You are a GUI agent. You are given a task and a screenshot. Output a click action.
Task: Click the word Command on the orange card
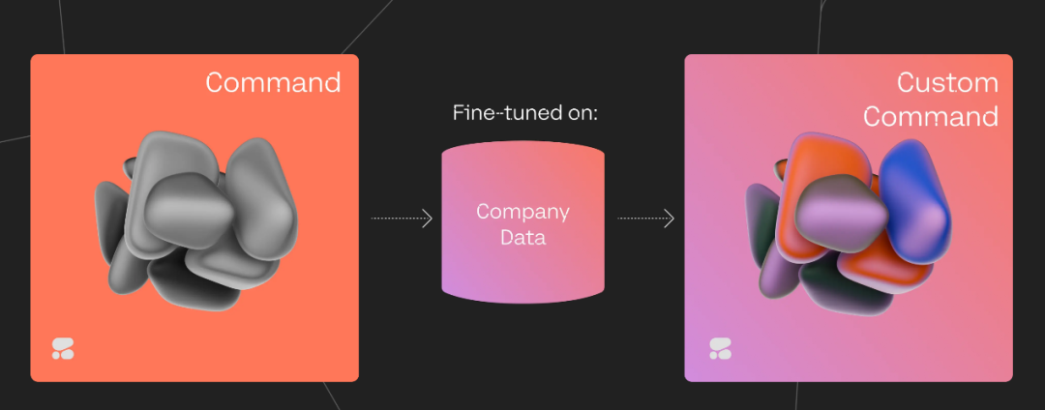pyautogui.click(x=273, y=82)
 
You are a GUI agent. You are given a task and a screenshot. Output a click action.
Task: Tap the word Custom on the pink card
pyautogui.click(x=947, y=83)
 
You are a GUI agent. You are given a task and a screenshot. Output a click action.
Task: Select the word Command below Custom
pyautogui.click(x=931, y=117)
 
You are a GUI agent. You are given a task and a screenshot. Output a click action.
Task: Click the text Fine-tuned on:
pyautogui.click(x=525, y=113)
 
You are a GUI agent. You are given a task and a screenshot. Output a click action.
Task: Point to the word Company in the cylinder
pyautogui.click(x=522, y=212)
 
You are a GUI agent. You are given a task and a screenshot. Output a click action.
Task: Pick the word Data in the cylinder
pyautogui.click(x=522, y=237)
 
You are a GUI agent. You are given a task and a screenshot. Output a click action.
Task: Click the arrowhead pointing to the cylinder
pyautogui.click(x=428, y=219)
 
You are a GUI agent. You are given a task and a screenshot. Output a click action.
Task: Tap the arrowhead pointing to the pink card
pyautogui.click(x=670, y=219)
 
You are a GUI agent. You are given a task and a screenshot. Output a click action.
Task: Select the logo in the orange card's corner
pyautogui.click(x=63, y=349)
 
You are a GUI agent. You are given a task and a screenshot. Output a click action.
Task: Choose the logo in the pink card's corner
pyautogui.click(x=720, y=349)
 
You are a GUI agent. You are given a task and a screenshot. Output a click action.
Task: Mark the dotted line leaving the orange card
pyautogui.click(x=397, y=219)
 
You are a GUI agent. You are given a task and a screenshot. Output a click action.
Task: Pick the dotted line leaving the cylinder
pyautogui.click(x=641, y=219)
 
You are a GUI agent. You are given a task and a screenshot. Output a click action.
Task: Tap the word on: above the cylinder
pyautogui.click(x=579, y=113)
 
